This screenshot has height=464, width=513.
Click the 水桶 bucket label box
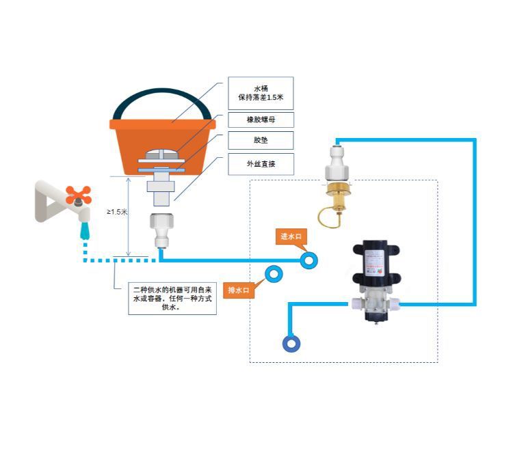260,92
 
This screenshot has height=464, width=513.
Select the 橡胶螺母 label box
260,120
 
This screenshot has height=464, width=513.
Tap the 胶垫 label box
260,140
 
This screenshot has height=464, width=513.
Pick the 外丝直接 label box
260,164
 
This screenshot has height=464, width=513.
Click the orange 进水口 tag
290,237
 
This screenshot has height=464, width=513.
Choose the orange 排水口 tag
241,290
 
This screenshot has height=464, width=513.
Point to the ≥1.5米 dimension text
117,212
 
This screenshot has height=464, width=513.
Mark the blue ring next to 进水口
309,260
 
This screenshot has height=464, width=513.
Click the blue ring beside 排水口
274,275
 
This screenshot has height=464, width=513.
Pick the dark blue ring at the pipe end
291,343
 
